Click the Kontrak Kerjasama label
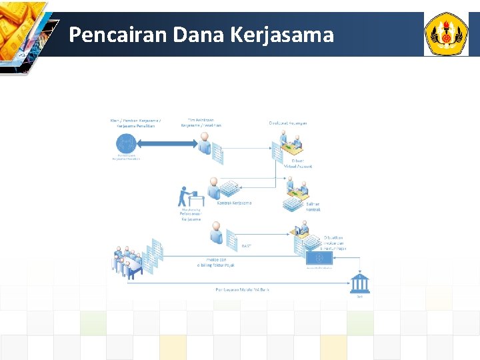(x=235, y=203)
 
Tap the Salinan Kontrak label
(x=313, y=207)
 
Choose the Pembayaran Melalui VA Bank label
(x=242, y=290)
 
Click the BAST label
(x=246, y=246)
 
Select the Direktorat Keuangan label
(x=288, y=122)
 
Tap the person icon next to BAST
(x=216, y=234)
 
